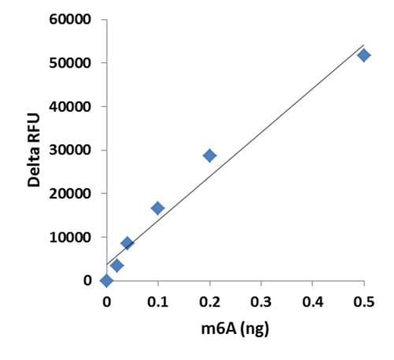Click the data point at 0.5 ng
coord(363,55)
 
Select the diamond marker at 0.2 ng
coord(210,155)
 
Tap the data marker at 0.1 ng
coord(158,208)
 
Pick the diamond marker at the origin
coord(106,280)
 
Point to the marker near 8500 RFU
coord(127,243)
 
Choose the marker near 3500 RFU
coord(117,265)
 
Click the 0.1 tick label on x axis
coord(158,301)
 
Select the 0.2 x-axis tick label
coord(210,301)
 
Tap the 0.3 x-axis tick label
coord(261,301)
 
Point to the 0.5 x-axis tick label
coord(363,301)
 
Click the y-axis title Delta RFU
coord(34,150)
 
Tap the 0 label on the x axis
coord(106,301)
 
